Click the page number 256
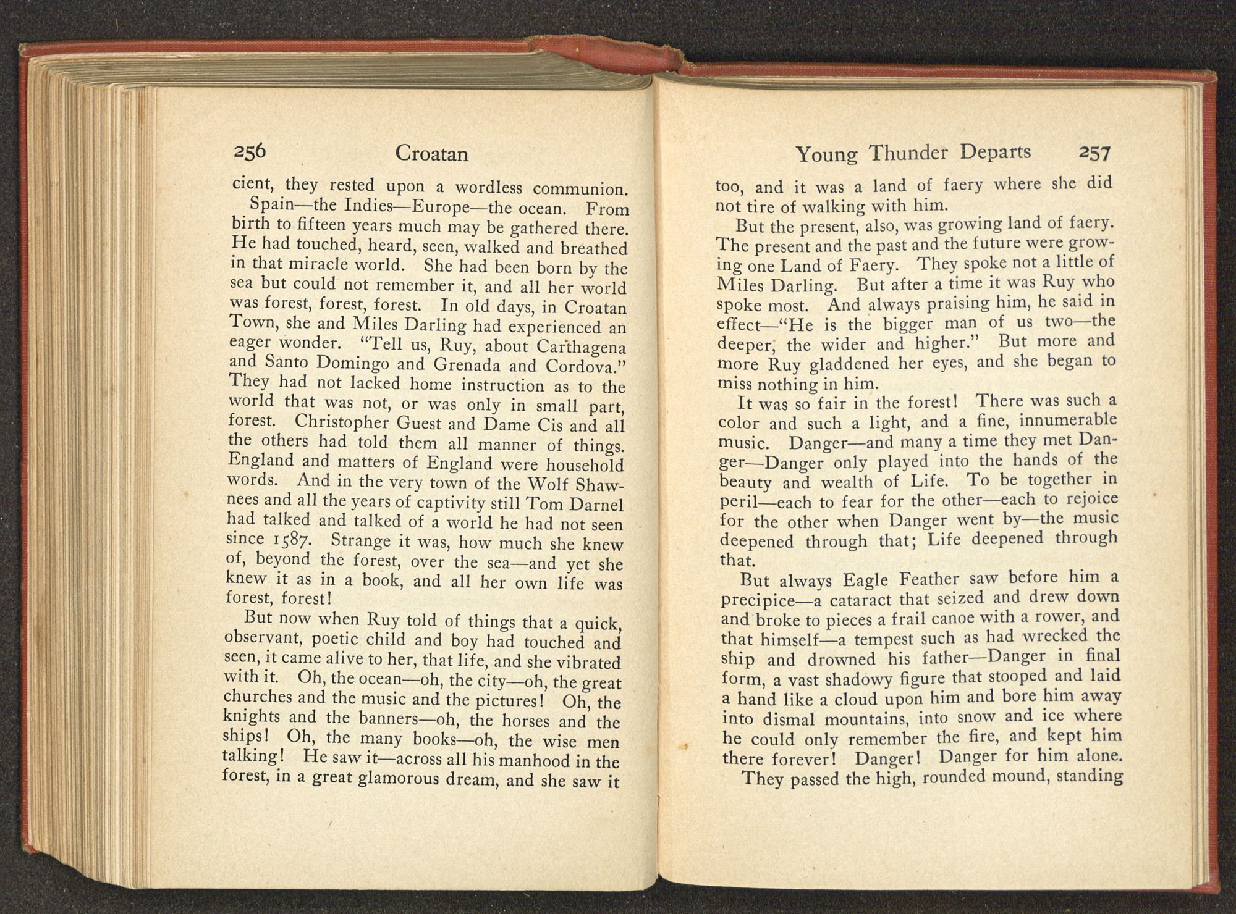[249, 151]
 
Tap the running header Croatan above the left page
[431, 153]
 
